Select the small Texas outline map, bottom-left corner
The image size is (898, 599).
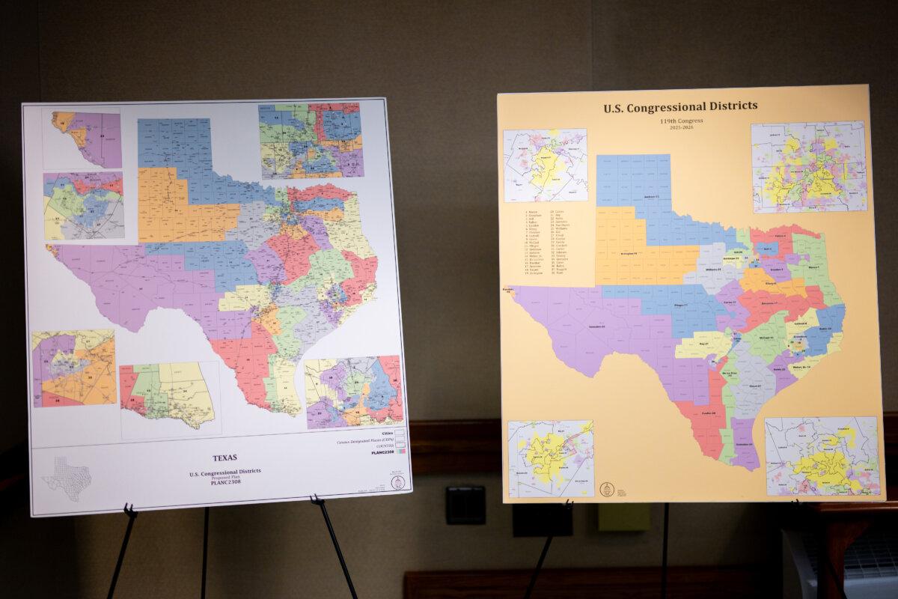coord(67,477)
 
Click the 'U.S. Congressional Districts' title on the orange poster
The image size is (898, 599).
coord(680,106)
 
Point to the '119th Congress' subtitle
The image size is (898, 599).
coord(680,120)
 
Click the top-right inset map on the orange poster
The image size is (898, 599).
coord(808,166)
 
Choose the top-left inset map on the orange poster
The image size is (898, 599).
coord(545,165)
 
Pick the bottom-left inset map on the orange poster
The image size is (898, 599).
coord(551,458)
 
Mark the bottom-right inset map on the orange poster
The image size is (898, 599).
coord(821,456)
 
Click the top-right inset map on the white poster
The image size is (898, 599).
coord(311,140)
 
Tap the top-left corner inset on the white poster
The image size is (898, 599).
coord(82,139)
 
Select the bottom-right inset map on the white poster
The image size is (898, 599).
coord(353,392)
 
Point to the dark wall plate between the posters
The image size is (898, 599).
coord(465,505)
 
